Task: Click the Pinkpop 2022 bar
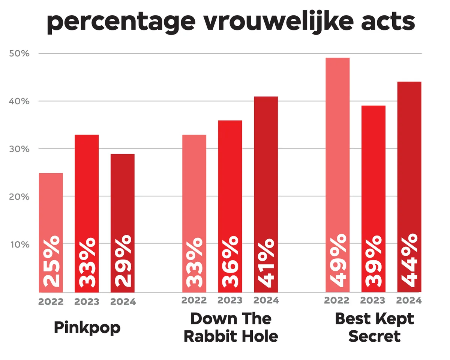[x=51, y=210]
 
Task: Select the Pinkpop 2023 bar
[x=87, y=195]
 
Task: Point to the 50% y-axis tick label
[x=19, y=54]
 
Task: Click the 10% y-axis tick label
[x=19, y=244]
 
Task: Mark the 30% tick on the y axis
[x=19, y=149]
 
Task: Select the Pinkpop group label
[x=87, y=327]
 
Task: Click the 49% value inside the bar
[x=337, y=261]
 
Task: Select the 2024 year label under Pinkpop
[x=123, y=302]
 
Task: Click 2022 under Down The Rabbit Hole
[x=194, y=300]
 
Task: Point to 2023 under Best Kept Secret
[x=373, y=300]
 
